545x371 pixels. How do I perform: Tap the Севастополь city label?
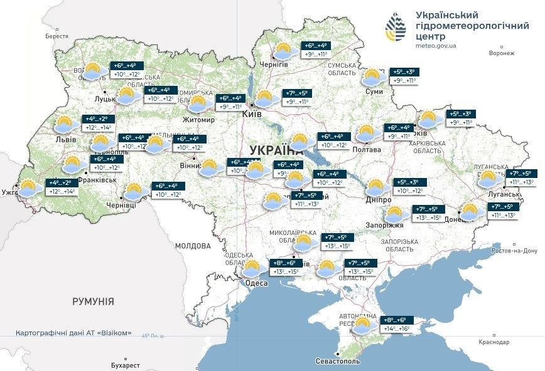pyautogui.click(x=338, y=362)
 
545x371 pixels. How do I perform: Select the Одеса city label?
pyautogui.click(x=256, y=283)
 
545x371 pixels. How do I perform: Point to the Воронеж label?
pyautogui.click(x=501, y=53)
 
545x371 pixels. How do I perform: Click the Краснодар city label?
pyautogui.click(x=495, y=342)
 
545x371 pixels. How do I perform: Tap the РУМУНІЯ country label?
pyautogui.click(x=93, y=301)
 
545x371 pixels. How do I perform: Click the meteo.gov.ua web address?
pyautogui.click(x=436, y=46)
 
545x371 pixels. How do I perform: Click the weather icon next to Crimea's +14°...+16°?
pyautogui.click(x=363, y=325)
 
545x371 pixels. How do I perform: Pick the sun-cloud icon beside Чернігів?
pyautogui.click(x=285, y=50)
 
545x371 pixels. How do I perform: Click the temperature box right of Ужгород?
pyautogui.click(x=62, y=187)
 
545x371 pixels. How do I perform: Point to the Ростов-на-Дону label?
pyautogui.click(x=515, y=251)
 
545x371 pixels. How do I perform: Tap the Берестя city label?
pyautogui.click(x=57, y=36)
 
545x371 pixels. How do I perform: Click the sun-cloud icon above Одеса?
pyautogui.click(x=252, y=269)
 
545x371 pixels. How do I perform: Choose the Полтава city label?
pyautogui.click(x=367, y=150)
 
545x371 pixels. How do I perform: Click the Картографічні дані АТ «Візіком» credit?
pyautogui.click(x=73, y=333)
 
